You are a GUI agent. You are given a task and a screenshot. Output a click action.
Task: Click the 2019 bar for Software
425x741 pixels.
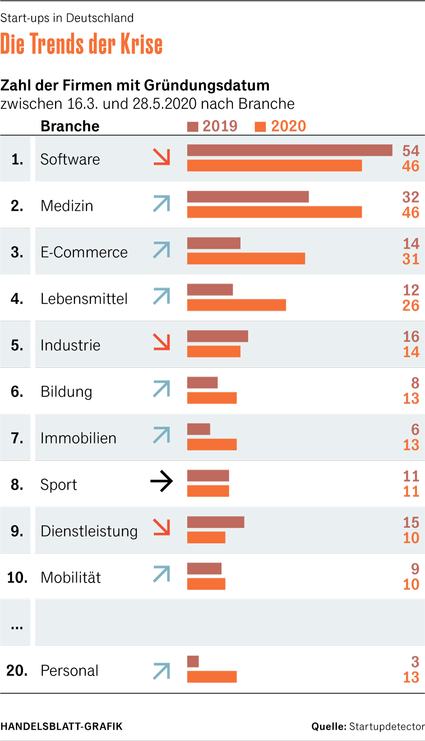(290, 150)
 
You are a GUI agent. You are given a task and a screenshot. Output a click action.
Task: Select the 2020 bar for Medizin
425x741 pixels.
(274, 212)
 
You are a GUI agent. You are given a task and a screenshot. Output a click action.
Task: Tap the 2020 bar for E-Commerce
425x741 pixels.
(246, 259)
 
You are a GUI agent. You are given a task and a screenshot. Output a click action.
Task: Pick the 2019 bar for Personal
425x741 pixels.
(193, 662)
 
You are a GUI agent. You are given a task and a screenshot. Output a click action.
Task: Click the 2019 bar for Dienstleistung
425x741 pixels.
(216, 522)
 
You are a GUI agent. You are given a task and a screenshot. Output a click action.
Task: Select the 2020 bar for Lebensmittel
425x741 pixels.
(236, 305)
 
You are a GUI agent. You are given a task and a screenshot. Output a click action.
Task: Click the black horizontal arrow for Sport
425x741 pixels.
(162, 481)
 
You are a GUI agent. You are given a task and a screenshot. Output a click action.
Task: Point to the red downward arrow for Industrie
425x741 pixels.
(162, 342)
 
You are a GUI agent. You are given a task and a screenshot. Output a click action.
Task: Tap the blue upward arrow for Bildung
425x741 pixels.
(162, 389)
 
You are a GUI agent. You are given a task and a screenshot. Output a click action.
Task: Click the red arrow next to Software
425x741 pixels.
(162, 157)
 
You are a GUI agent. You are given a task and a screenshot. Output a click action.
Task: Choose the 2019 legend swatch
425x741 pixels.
(193, 127)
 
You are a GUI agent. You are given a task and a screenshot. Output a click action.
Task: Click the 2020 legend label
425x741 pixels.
(288, 126)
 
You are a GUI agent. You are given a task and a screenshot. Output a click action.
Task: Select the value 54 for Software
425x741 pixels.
(411, 151)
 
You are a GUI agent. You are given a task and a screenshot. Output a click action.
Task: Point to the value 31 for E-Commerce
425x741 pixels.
(411, 259)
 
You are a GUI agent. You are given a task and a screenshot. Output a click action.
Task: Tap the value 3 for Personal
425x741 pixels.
(415, 662)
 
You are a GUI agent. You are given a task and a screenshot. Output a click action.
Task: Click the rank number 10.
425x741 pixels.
(17, 578)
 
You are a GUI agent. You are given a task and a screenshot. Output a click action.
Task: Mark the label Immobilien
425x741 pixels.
(79, 438)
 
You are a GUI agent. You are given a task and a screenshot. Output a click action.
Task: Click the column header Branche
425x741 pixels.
(70, 126)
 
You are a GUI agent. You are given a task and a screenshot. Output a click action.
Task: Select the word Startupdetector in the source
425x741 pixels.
(387, 727)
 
